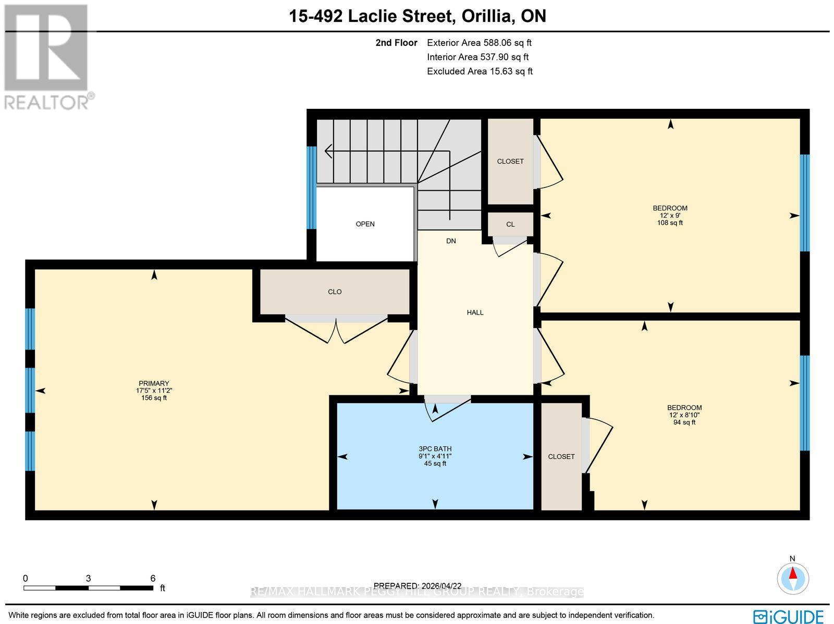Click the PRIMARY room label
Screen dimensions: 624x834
pyautogui.click(x=154, y=383)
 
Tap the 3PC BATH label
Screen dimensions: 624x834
pyautogui.click(x=435, y=448)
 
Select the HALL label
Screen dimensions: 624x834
pyautogui.click(x=475, y=313)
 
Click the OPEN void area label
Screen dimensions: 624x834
pyautogui.click(x=365, y=224)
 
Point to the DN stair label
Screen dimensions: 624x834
pyautogui.click(x=451, y=241)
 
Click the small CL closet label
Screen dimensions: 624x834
pyautogui.click(x=510, y=224)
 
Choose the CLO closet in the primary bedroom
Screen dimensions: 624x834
pyautogui.click(x=335, y=292)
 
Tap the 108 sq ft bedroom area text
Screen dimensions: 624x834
pyautogui.click(x=670, y=223)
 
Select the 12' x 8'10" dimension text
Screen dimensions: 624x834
pyautogui.click(x=684, y=415)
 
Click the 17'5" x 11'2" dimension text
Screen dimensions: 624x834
pyautogui.click(x=154, y=391)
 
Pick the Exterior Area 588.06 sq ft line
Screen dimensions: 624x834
pyautogui.click(x=479, y=43)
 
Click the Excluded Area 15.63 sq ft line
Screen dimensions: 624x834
pyautogui.click(x=480, y=71)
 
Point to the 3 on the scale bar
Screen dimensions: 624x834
pyautogui.click(x=89, y=578)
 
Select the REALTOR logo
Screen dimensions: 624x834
pyautogui.click(x=48, y=57)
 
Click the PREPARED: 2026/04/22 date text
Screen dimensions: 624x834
pyautogui.click(x=418, y=585)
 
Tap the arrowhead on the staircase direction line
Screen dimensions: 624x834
pyautogui.click(x=328, y=151)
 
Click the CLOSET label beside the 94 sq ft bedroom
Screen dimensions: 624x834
pyautogui.click(x=561, y=456)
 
